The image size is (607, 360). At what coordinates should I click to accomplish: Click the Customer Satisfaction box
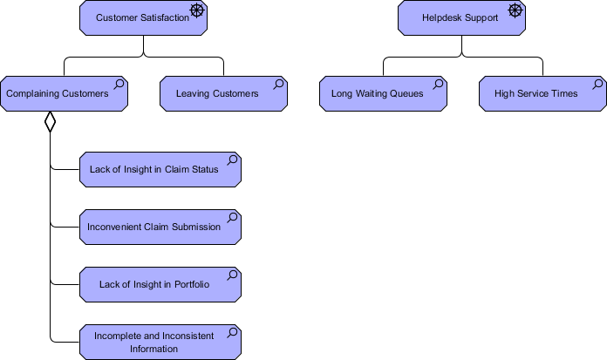(143, 17)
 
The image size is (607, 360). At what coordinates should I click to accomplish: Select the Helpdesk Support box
(461, 17)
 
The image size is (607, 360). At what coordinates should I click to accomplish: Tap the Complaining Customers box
(64, 93)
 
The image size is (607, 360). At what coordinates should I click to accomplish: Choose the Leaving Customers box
(224, 93)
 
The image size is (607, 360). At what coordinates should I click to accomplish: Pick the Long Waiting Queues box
(383, 93)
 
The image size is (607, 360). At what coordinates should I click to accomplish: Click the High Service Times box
(542, 93)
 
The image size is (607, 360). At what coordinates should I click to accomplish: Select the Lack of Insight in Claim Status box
(160, 170)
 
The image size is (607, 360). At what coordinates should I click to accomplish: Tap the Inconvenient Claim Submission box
(160, 227)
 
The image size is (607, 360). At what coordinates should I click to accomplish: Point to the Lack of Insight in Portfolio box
(160, 284)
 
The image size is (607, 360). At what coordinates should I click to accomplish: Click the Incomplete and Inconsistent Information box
(160, 343)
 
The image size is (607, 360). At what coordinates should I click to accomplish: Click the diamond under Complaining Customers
(50, 121)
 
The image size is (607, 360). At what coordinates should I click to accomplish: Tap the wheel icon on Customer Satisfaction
(197, 10)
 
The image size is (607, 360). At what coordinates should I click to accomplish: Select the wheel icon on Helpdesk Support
(515, 10)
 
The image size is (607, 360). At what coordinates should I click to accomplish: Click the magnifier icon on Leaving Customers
(278, 84)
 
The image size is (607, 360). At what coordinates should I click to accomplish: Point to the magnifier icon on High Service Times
(597, 84)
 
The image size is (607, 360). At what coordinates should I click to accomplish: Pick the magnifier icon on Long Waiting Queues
(438, 84)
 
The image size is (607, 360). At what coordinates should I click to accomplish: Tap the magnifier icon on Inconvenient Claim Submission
(232, 218)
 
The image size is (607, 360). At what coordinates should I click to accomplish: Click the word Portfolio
(192, 284)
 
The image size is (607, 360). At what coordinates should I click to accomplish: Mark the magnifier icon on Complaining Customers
(119, 84)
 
